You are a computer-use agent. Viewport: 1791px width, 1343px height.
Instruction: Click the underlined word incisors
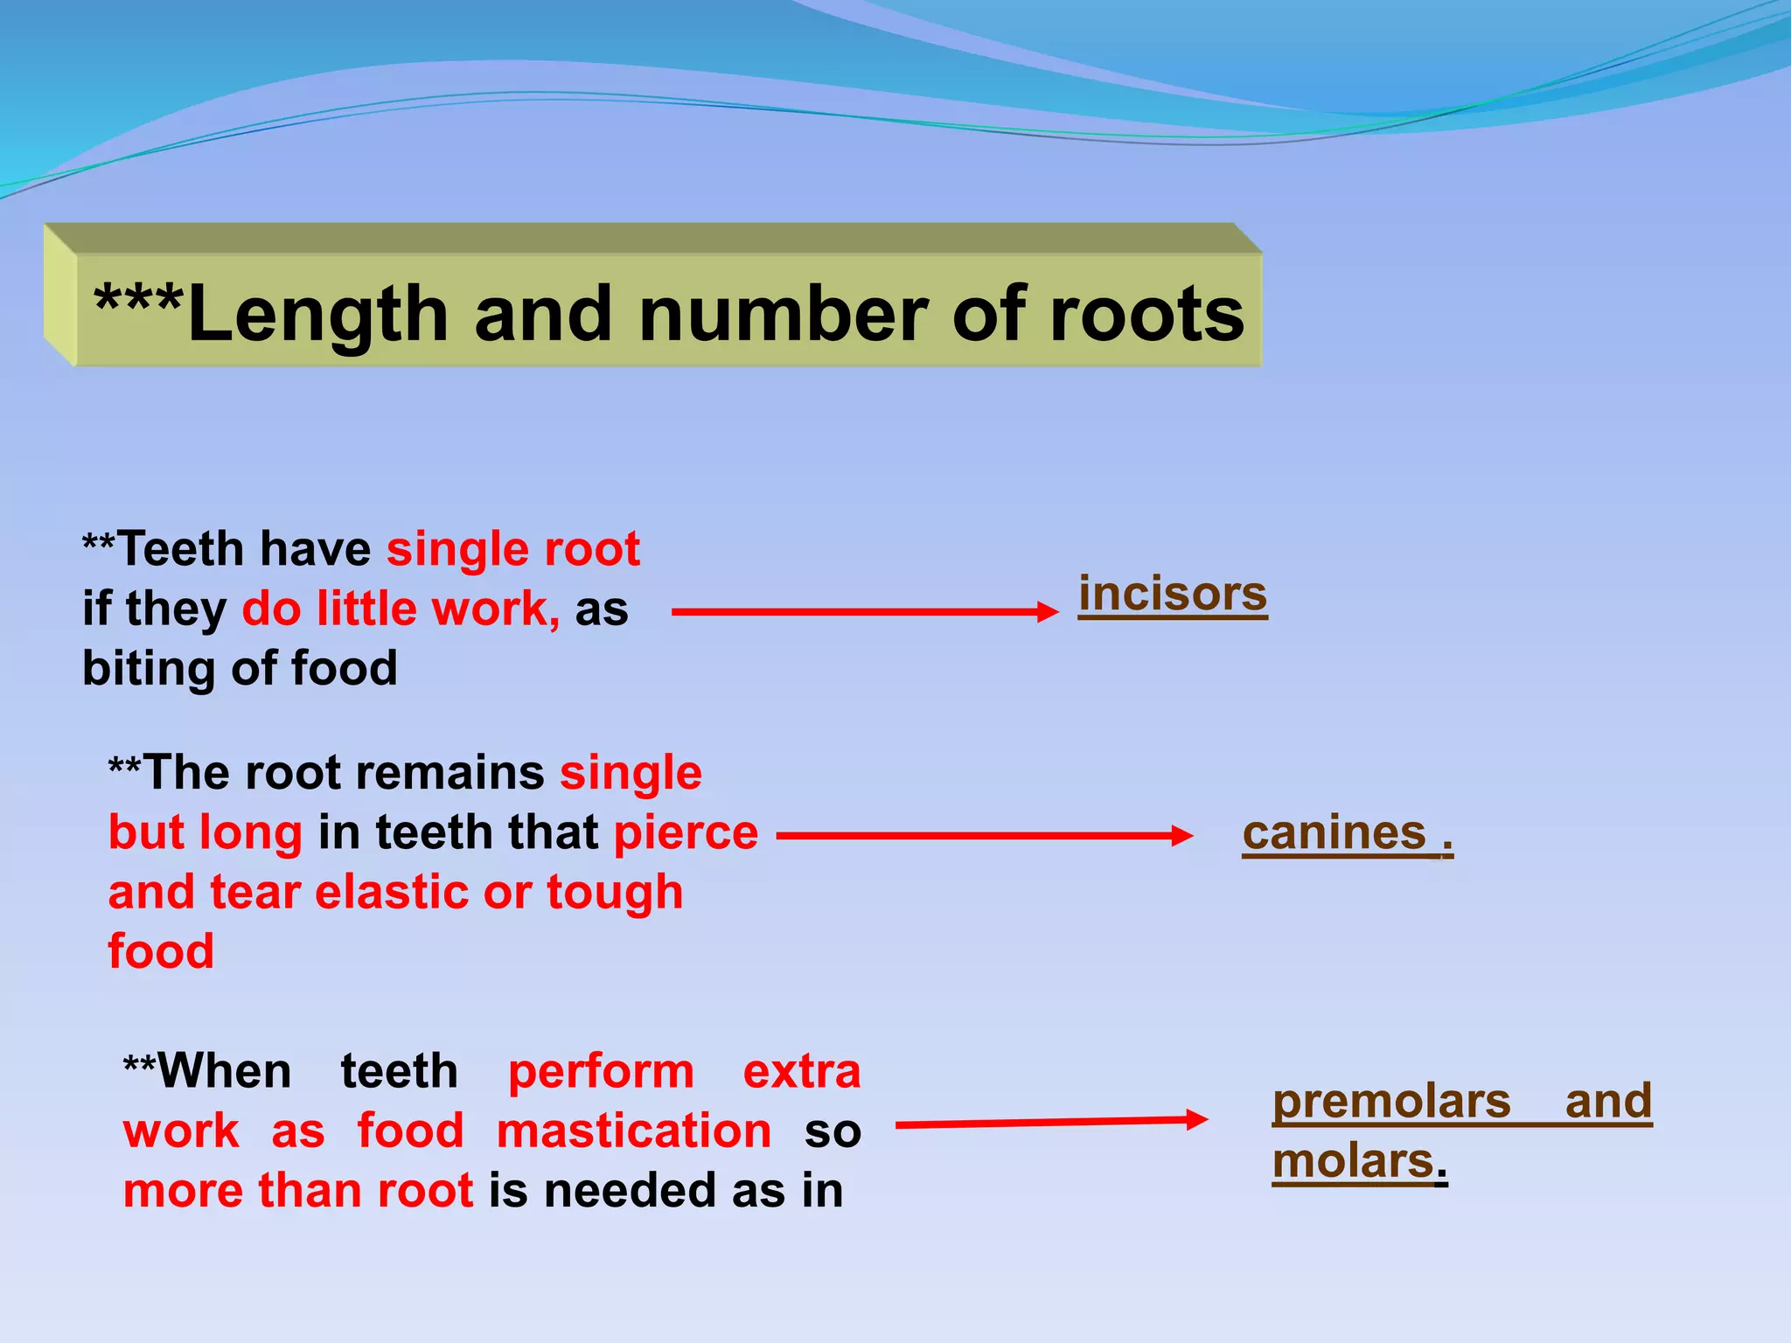point(1172,595)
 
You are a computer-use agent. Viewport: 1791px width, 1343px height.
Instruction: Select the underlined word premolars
point(1390,1102)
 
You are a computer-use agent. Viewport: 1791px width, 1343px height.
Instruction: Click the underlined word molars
point(1353,1162)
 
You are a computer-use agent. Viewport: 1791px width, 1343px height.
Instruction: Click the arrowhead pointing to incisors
point(1048,612)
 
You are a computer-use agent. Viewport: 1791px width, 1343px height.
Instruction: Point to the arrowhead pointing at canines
point(1182,836)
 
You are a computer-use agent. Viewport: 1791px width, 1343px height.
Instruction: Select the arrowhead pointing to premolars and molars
point(1196,1119)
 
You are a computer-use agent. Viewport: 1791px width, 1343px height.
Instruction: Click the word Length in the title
point(317,315)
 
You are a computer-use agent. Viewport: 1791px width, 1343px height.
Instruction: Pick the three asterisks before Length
point(138,302)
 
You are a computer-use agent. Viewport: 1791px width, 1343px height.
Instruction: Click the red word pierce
point(686,832)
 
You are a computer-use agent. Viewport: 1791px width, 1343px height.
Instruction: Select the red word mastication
point(634,1131)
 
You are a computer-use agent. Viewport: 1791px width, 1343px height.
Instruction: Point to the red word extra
point(801,1072)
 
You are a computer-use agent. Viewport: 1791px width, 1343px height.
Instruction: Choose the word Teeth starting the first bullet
point(180,550)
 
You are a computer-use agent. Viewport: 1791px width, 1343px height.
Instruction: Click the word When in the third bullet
point(225,1072)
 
